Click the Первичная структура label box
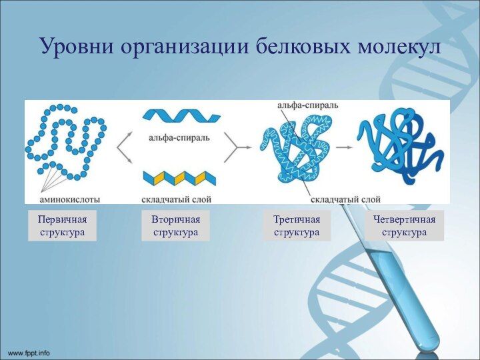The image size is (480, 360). (62, 225)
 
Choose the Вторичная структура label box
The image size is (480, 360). (175, 225)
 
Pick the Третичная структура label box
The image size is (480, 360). (297, 225)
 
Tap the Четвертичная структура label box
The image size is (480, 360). (404, 225)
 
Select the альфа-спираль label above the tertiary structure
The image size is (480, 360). (307, 105)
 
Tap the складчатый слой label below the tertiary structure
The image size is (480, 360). (345, 198)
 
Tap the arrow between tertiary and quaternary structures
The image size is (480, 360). (343, 147)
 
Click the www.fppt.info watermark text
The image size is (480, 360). (29, 351)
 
